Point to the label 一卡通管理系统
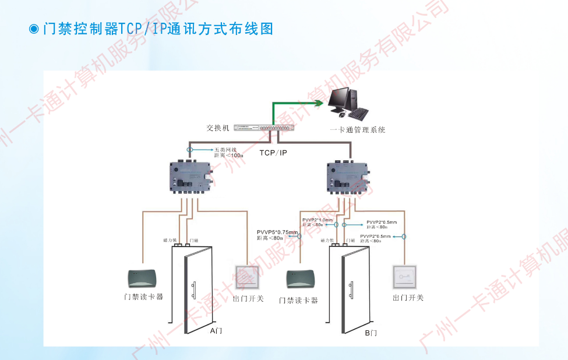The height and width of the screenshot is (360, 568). click(357, 130)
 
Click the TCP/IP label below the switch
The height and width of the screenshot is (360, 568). click(273, 153)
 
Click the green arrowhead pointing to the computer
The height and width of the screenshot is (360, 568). click(319, 103)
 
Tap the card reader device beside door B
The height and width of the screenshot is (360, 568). click(301, 278)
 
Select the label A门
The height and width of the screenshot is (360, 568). click(216, 331)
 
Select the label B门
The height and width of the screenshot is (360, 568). click(371, 333)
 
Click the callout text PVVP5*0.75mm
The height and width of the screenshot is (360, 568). click(277, 232)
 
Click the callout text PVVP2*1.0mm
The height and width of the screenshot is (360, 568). click(317, 220)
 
